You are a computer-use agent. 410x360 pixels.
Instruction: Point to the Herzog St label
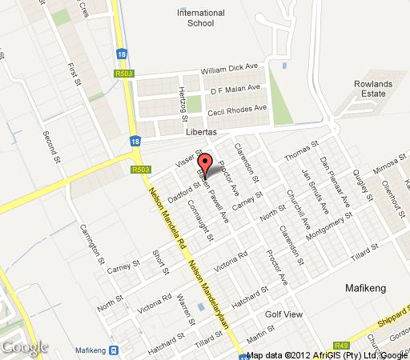pyautogui.click(x=183, y=101)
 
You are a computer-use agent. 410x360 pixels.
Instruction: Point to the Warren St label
pyautogui.click(x=183, y=309)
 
